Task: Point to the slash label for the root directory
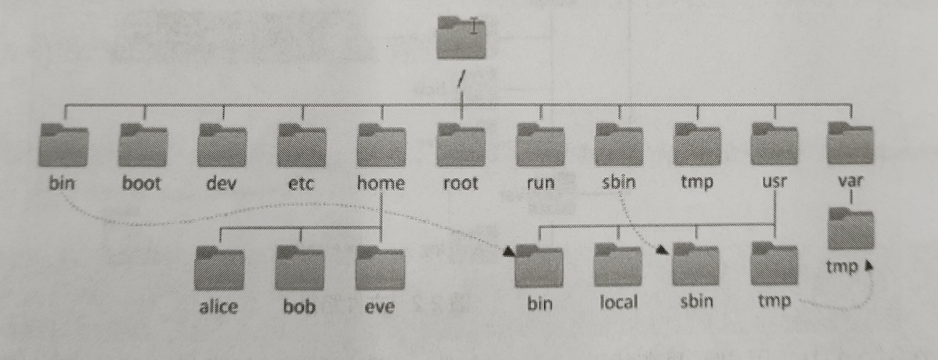[x=461, y=79]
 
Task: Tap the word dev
[x=221, y=183]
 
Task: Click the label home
[x=381, y=183]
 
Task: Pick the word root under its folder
[x=460, y=183]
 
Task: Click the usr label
[x=774, y=182]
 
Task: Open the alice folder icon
[x=220, y=268]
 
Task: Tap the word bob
[x=299, y=307]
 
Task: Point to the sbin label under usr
[x=696, y=302]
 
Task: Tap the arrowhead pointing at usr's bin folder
[x=508, y=251]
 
